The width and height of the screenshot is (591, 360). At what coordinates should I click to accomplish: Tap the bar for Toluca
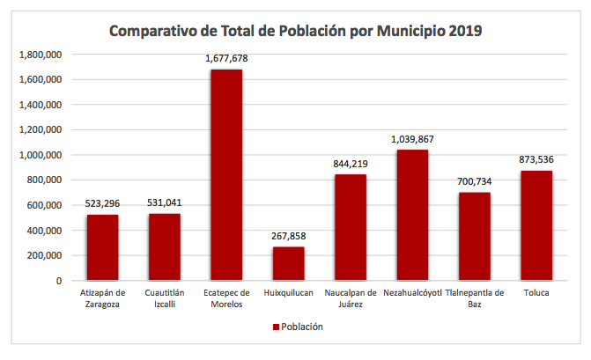tap(536, 225)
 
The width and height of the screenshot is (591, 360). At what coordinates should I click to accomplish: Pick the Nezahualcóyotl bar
tap(412, 215)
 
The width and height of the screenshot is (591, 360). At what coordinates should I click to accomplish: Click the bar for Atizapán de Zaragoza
tap(102, 247)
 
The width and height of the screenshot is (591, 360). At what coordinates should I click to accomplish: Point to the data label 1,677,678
tap(226, 58)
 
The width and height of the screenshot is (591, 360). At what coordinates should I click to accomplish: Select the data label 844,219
tap(351, 164)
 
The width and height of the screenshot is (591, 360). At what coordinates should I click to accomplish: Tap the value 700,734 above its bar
tap(474, 181)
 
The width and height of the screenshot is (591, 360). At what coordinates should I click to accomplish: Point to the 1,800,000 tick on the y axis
tap(41, 55)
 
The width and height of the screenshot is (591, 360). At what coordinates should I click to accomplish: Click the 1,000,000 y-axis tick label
tap(41, 155)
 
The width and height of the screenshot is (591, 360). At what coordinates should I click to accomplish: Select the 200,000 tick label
tap(44, 255)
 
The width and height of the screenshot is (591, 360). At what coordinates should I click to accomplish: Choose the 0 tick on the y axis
tap(58, 281)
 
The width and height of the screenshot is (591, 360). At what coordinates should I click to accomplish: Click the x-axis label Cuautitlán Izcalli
tap(165, 298)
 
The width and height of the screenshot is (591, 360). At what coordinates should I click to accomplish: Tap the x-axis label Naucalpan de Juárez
tap(351, 298)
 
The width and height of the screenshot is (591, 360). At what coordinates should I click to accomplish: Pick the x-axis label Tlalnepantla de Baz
tap(475, 298)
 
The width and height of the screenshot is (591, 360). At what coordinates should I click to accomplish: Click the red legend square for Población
tap(276, 327)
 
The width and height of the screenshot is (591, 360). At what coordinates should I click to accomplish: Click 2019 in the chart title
tap(464, 32)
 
